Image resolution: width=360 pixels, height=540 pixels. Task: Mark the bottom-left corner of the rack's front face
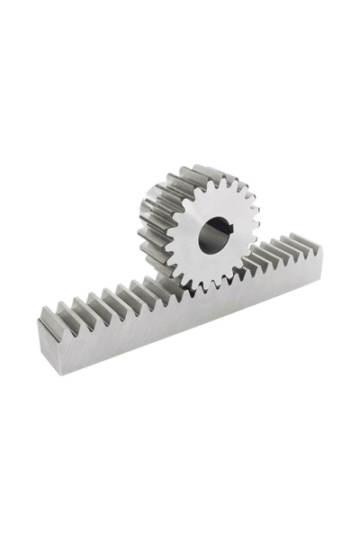click(46, 368)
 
